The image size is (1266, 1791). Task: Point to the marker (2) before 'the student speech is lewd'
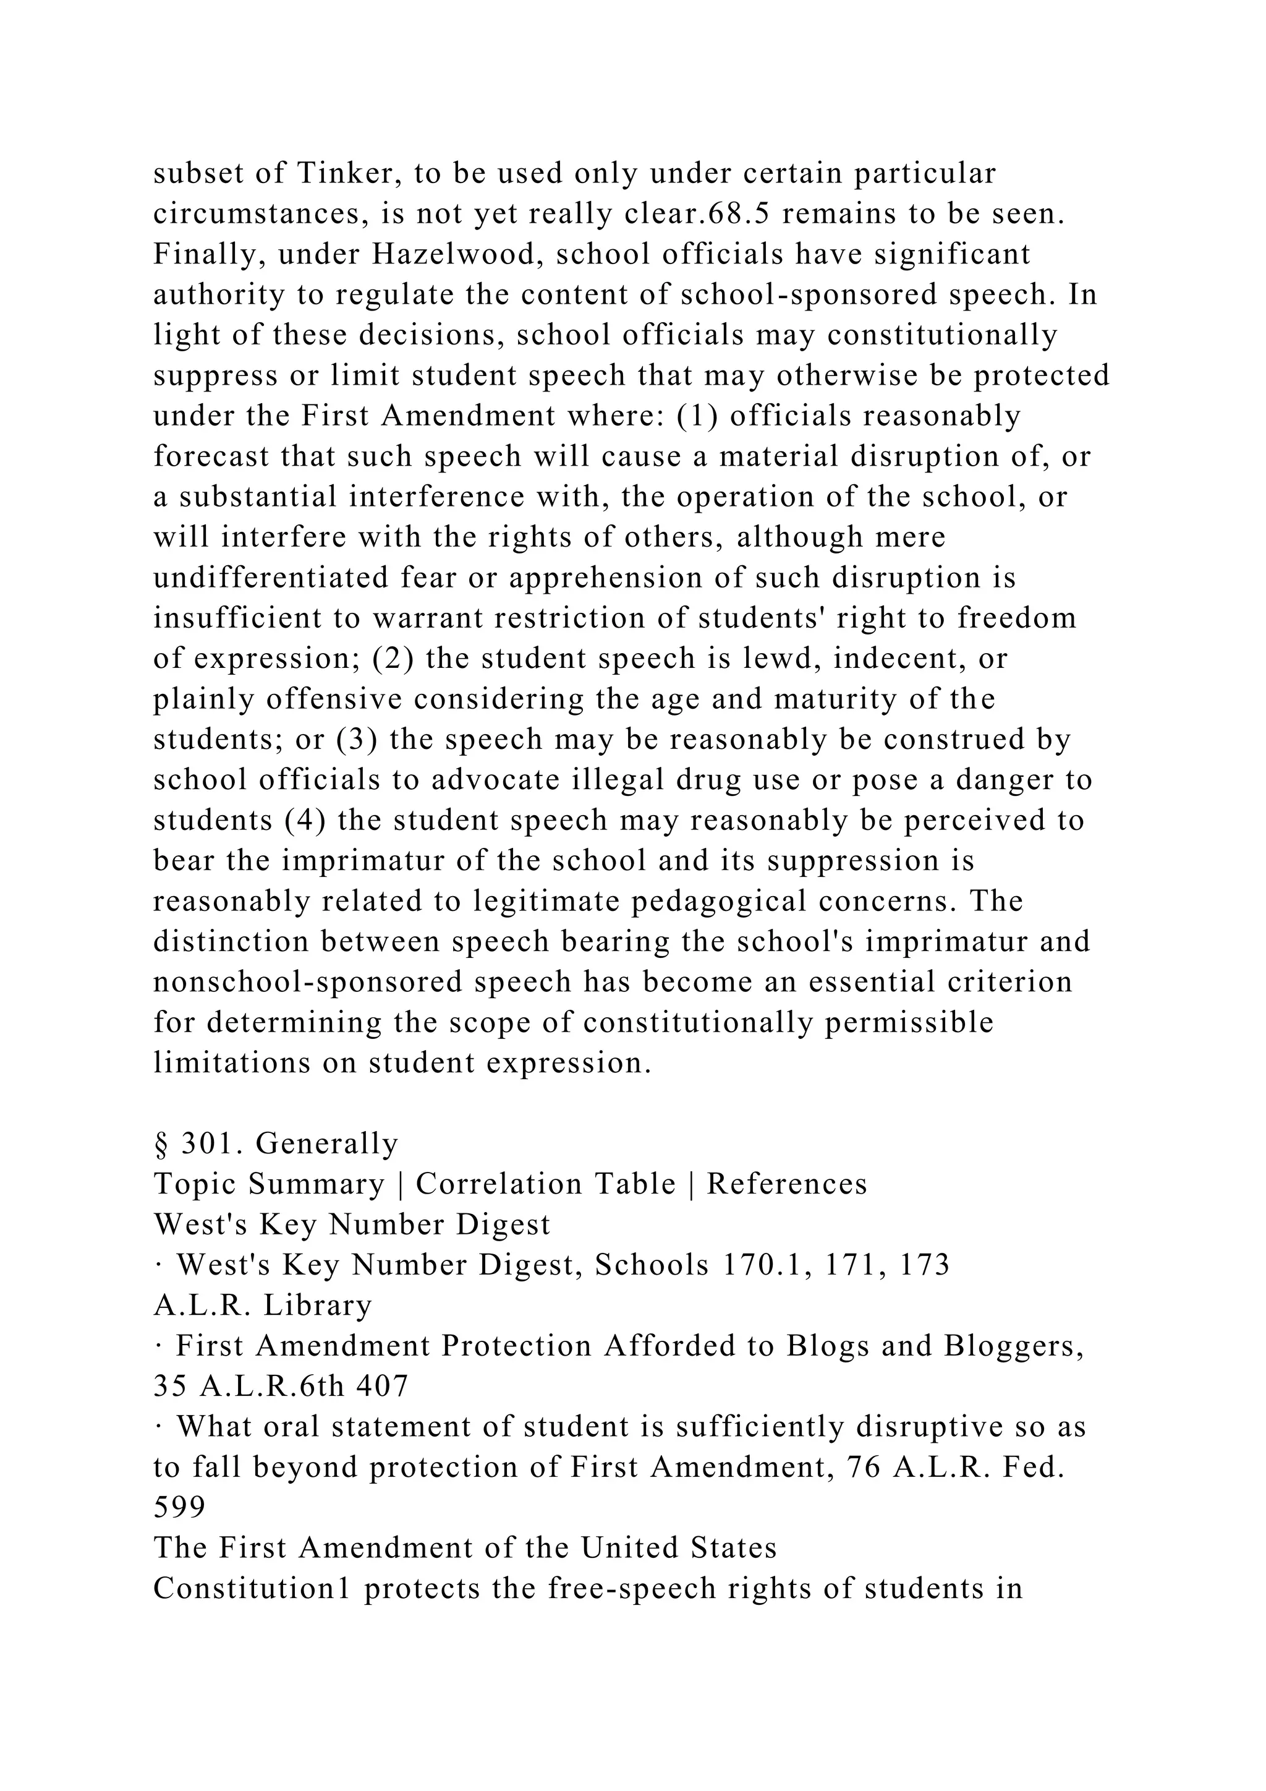pos(393,659)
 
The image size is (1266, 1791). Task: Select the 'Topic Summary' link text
pos(269,1184)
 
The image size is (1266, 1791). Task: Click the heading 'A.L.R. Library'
pos(263,1305)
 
